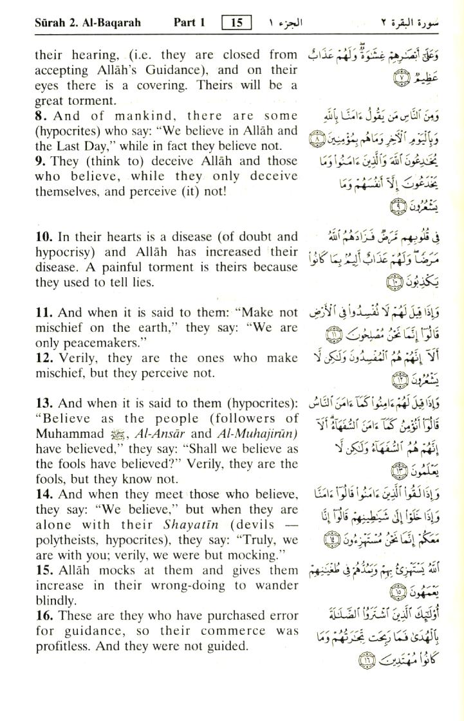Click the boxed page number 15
click(236, 23)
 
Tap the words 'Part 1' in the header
click(189, 23)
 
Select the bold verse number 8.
click(40, 116)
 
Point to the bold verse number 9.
click(40, 161)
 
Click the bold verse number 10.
click(43, 237)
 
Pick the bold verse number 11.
click(43, 313)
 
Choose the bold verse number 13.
click(43, 403)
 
